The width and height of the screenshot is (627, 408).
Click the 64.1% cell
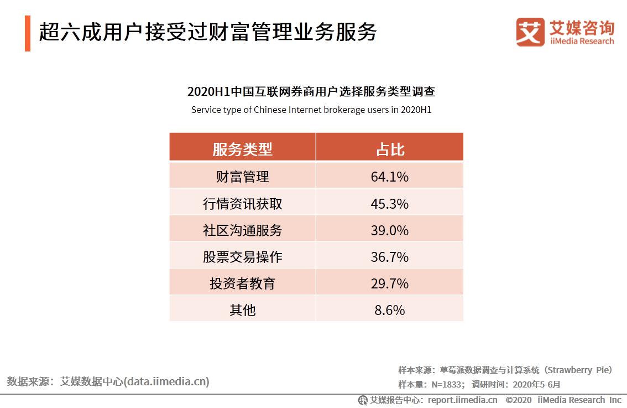[x=389, y=177]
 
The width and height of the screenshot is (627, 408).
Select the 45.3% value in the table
[x=389, y=204]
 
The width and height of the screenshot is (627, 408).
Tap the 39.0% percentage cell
[x=389, y=230]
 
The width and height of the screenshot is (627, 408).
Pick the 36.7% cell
[x=389, y=257]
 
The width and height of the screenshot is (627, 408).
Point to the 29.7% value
[x=389, y=283]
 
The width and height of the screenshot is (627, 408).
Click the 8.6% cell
[x=389, y=310]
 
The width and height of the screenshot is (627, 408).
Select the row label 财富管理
[x=242, y=177]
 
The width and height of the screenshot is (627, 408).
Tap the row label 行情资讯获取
[x=242, y=204]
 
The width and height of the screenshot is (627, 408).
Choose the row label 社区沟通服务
[x=242, y=230]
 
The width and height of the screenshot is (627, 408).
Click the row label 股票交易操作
[x=242, y=257]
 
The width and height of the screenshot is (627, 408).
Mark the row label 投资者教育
[x=242, y=283]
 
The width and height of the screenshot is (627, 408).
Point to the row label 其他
[x=242, y=310]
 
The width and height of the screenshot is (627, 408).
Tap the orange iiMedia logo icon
[x=530, y=32]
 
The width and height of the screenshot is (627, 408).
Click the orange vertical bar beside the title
[x=28, y=33]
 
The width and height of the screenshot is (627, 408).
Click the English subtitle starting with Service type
[x=311, y=110]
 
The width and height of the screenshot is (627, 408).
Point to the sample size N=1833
[x=444, y=384]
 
